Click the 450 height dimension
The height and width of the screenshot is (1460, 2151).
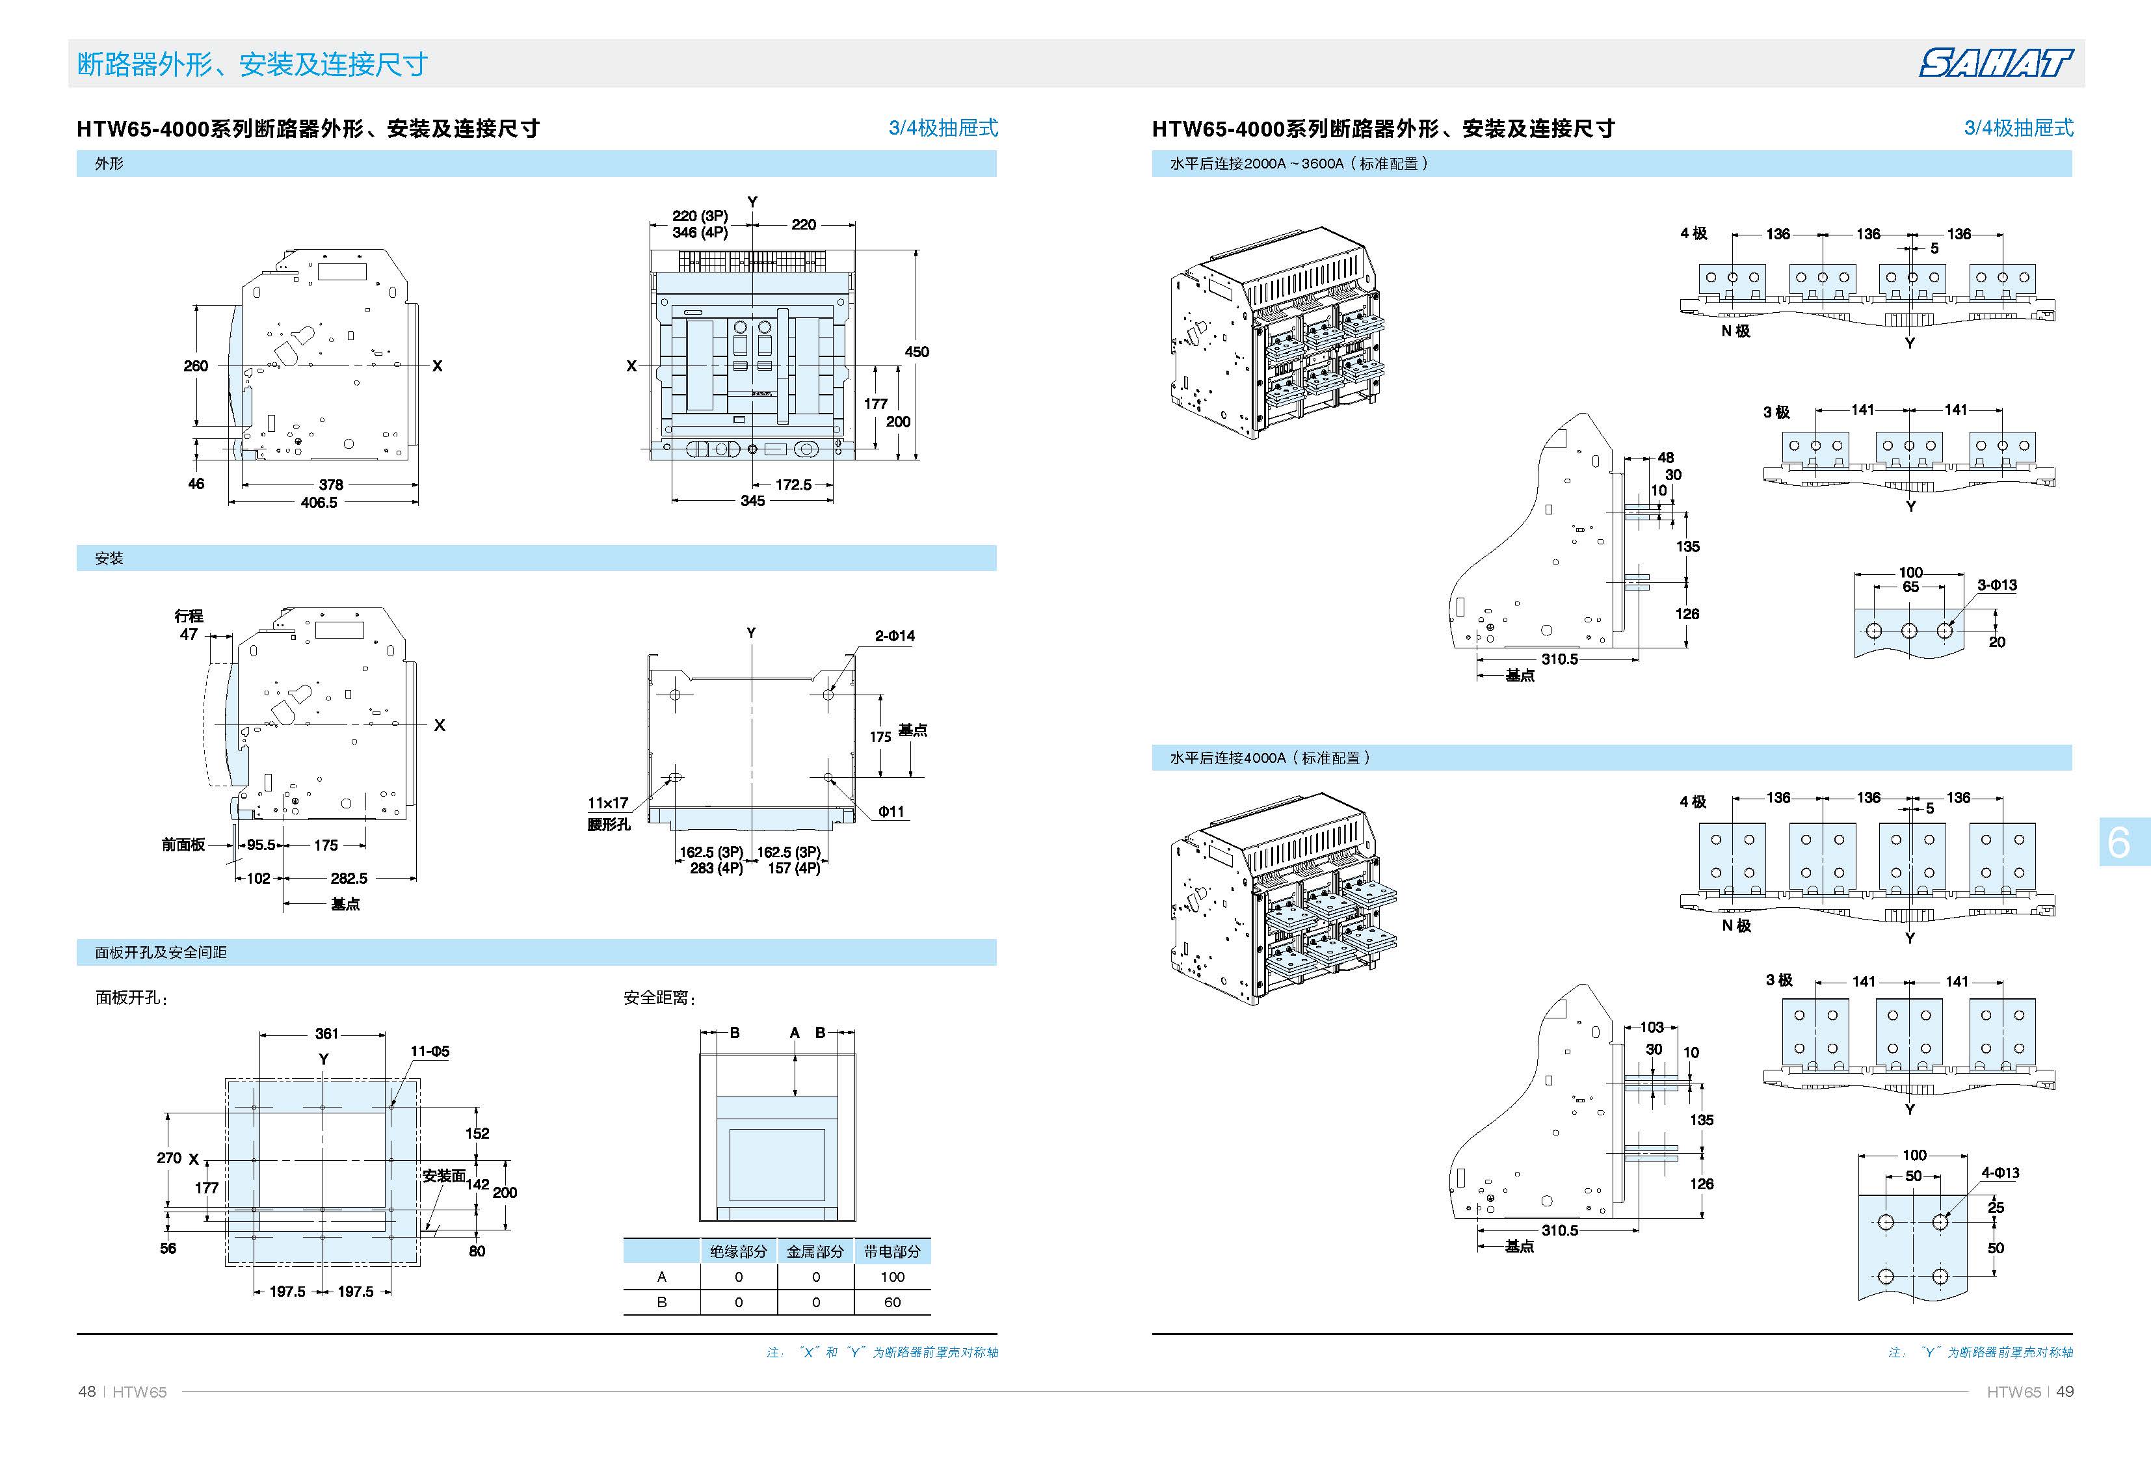pyautogui.click(x=916, y=352)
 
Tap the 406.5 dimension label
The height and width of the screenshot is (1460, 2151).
pyautogui.click(x=319, y=503)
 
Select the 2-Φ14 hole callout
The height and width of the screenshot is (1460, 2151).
pyautogui.click(x=894, y=636)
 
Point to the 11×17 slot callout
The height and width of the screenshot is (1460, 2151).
pyautogui.click(x=607, y=804)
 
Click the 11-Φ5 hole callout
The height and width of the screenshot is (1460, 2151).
pyautogui.click(x=430, y=1052)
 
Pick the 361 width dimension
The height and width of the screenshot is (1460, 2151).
pyautogui.click(x=326, y=1034)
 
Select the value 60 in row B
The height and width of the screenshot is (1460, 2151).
pyautogui.click(x=891, y=1303)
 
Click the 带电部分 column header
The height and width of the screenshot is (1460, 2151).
pyautogui.click(x=891, y=1252)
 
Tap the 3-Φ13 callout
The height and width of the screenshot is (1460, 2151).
pyautogui.click(x=1996, y=585)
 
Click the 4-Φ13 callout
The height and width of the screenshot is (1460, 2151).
pyautogui.click(x=1999, y=1173)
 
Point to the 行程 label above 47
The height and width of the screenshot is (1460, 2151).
pyautogui.click(x=189, y=617)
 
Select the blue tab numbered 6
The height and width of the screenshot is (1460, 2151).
pyautogui.click(x=2120, y=842)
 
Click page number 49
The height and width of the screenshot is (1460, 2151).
pyautogui.click(x=2065, y=1392)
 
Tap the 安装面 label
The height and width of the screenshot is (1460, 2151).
pyautogui.click(x=443, y=1176)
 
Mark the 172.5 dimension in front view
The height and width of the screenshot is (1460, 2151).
pyautogui.click(x=793, y=485)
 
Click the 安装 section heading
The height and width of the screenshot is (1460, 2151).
pyautogui.click(x=109, y=558)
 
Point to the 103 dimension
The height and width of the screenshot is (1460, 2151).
pyautogui.click(x=1652, y=1028)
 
